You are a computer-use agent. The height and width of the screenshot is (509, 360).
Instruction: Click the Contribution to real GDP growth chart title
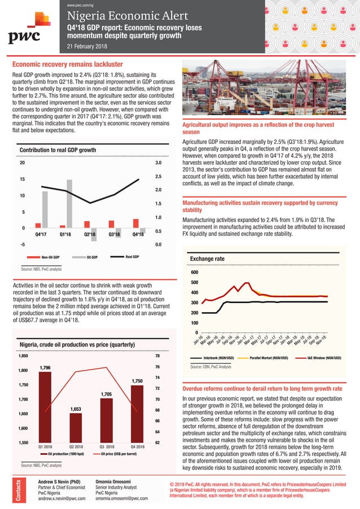point(58,150)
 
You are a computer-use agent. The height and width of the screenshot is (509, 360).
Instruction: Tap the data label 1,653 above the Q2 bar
point(76,408)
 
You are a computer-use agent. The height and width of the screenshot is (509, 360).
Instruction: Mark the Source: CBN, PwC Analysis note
point(210,367)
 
